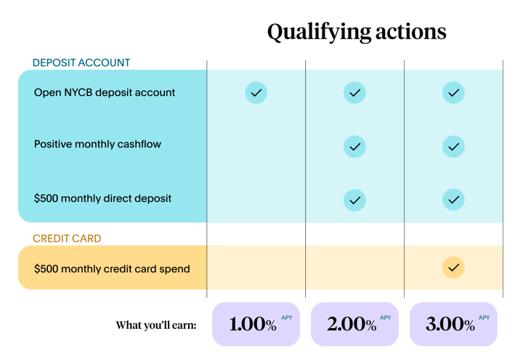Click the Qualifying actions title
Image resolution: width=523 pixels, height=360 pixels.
(357, 33)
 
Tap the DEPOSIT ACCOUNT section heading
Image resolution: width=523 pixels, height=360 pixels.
(81, 62)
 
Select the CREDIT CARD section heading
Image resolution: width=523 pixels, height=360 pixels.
(67, 238)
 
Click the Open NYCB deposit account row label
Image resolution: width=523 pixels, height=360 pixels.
(105, 92)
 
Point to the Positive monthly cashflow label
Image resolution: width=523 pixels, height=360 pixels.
(97, 144)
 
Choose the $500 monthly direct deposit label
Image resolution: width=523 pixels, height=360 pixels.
(102, 198)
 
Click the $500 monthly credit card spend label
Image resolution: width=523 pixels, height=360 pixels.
(112, 269)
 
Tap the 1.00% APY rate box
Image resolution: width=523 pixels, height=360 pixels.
(256, 324)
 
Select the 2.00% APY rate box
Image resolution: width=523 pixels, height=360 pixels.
(354, 324)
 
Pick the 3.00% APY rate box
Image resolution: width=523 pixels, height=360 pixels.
(453, 324)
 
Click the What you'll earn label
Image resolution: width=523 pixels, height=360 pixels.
(156, 325)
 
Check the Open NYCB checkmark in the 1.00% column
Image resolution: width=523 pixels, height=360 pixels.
(256, 93)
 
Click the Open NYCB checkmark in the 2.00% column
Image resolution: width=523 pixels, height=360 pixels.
(354, 93)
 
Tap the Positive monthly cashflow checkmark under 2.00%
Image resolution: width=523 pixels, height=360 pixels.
(354, 147)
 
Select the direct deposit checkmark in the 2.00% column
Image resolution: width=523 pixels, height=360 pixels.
(354, 200)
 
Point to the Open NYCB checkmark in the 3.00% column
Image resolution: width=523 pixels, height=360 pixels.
(453, 93)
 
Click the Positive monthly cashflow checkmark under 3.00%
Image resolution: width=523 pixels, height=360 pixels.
(453, 147)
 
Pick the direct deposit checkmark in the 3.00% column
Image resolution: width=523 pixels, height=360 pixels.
(453, 200)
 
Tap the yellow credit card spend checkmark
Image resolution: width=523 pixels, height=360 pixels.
(453, 267)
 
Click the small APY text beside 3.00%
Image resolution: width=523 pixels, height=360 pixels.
(484, 318)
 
